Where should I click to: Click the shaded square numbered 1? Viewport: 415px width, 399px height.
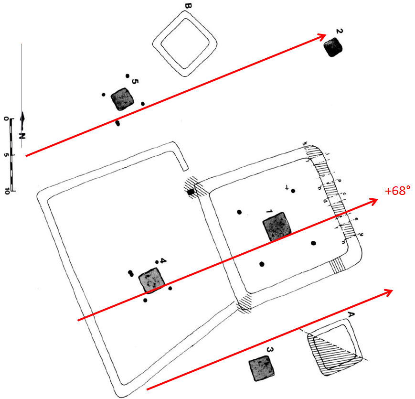tap(277, 226)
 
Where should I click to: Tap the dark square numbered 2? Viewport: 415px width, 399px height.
tap(333, 48)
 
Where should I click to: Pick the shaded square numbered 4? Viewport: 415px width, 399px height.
tap(151, 280)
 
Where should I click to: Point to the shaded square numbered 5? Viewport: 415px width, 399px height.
tap(122, 99)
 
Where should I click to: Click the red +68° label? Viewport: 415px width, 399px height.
tap(398, 191)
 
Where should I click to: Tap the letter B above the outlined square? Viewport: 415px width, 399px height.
tap(188, 6)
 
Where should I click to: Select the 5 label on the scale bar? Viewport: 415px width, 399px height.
tap(7, 155)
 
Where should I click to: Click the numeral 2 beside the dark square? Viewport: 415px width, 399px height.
tap(339, 32)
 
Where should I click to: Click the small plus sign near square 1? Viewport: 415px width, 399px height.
tap(287, 188)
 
